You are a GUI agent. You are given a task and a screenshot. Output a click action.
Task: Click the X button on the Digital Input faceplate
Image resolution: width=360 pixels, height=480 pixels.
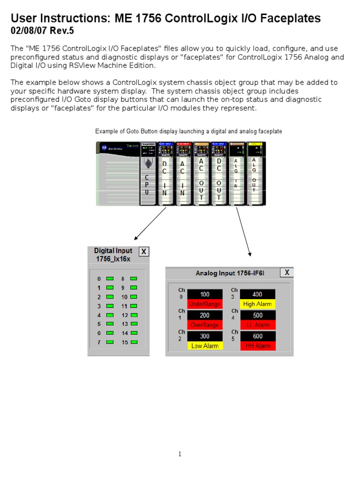[x=144, y=252]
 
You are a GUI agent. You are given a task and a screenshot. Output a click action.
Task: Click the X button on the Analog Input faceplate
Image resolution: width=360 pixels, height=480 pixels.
[x=287, y=272]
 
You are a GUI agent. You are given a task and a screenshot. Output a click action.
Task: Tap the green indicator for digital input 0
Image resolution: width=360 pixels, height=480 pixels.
[x=110, y=278]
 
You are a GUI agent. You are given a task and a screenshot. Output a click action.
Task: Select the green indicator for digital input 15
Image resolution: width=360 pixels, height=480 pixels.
[x=134, y=342]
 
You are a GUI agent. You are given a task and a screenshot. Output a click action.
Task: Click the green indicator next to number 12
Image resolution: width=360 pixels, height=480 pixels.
[x=134, y=315]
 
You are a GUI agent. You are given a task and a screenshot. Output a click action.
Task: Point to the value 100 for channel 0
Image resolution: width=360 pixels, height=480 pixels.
[x=205, y=294]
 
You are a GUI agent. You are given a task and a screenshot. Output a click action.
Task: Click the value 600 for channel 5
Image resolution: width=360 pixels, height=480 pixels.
[x=257, y=336]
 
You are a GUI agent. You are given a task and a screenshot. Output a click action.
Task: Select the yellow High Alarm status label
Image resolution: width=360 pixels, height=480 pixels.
[x=257, y=304]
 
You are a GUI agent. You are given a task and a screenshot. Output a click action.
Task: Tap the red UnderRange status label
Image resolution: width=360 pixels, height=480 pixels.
[x=205, y=304]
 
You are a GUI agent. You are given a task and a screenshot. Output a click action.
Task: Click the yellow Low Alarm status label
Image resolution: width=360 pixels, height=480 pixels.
[x=205, y=346]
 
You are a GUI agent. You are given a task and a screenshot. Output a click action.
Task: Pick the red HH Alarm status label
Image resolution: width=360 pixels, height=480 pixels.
[x=257, y=346]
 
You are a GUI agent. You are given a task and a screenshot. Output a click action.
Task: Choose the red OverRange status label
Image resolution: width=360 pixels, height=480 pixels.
[x=205, y=325]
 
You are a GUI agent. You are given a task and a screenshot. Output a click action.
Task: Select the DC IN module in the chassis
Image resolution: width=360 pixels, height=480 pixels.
[x=165, y=178]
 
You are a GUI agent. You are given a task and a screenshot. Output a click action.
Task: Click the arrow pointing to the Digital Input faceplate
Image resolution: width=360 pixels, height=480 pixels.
[x=150, y=224]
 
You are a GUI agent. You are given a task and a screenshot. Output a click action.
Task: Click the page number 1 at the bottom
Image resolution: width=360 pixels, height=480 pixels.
[x=180, y=454]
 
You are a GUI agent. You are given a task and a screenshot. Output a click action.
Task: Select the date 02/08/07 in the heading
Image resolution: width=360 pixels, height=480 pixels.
[x=25, y=31]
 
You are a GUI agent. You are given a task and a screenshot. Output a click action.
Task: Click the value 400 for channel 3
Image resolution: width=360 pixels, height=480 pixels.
[x=257, y=294]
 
